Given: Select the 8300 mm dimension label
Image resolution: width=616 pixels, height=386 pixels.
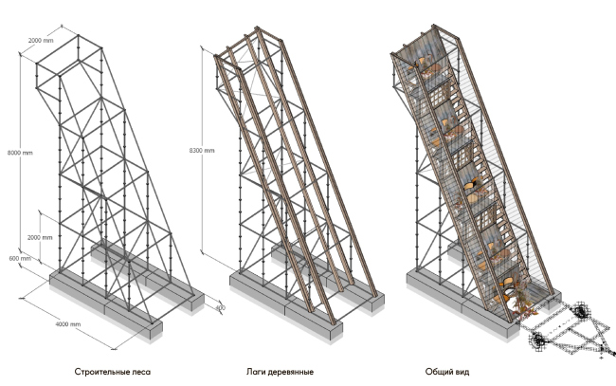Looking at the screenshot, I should [202, 151].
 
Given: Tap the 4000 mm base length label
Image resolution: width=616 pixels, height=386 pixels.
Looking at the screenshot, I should [68, 325].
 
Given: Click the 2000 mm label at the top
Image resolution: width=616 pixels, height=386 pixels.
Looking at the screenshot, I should [41, 41].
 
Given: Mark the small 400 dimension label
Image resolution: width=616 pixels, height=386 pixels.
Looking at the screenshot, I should [220, 307].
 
